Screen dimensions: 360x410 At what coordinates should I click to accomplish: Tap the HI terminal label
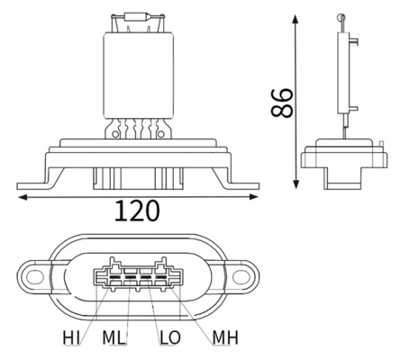[70, 337]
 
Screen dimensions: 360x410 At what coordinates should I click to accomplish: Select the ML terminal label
[114, 337]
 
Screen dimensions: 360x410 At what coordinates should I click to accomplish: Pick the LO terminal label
[169, 337]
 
